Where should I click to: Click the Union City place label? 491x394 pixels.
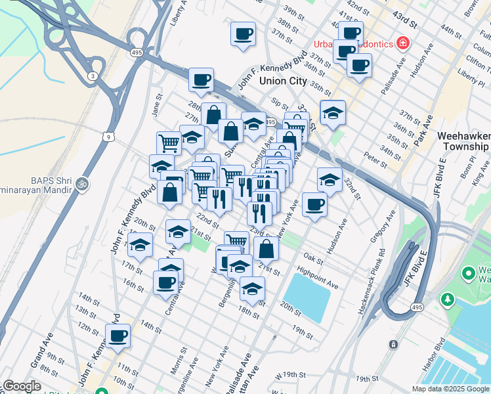[283, 81]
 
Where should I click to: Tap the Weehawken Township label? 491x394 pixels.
[463, 141]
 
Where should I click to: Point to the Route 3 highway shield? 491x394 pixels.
[94, 76]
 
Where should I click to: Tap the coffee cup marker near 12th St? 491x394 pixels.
[119, 337]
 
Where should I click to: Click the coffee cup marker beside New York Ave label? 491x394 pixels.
[314, 204]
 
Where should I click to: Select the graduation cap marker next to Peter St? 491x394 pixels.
[330, 179]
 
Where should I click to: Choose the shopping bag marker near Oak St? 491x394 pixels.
[266, 250]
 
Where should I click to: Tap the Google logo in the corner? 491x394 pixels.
[22, 386]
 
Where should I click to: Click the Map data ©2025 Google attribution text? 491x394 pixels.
[450, 389]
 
